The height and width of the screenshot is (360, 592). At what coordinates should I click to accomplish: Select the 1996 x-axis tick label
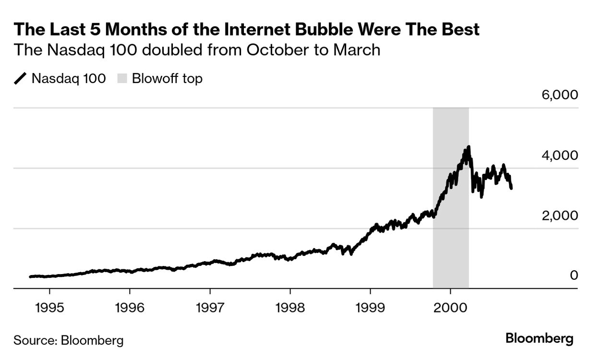point(130,307)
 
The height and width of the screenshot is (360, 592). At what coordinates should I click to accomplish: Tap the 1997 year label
point(210,307)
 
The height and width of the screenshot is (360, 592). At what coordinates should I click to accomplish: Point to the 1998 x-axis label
point(290,307)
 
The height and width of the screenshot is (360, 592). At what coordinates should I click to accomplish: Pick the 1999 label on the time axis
point(370,307)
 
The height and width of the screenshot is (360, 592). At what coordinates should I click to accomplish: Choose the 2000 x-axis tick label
point(450,307)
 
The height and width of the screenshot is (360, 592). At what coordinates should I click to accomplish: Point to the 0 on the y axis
point(573,276)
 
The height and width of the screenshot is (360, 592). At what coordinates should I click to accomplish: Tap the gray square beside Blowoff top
point(122,79)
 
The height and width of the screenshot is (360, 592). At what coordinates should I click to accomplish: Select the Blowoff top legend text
point(167,79)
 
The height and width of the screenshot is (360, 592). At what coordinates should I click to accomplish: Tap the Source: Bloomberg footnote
point(68,341)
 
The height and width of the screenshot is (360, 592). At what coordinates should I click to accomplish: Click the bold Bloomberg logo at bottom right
point(539,339)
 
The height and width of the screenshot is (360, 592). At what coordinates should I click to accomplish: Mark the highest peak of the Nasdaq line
point(468,147)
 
